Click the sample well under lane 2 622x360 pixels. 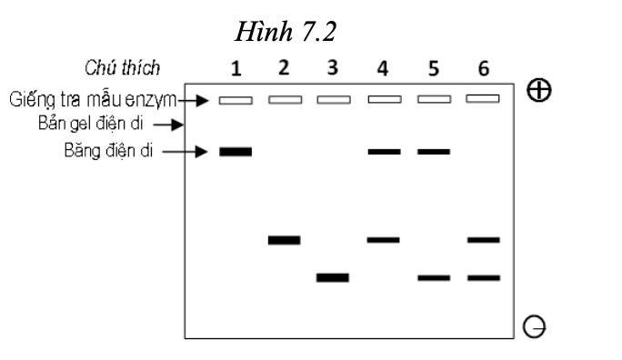click(x=285, y=99)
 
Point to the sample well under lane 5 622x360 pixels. click(x=434, y=99)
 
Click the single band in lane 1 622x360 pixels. click(x=236, y=151)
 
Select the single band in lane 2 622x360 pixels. click(x=285, y=240)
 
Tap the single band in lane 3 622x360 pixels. click(x=333, y=277)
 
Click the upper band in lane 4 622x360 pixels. click(x=384, y=151)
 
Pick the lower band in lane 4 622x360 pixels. click(x=384, y=240)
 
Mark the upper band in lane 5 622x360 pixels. click(x=434, y=151)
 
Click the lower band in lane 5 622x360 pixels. click(x=434, y=277)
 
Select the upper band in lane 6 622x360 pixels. click(x=483, y=240)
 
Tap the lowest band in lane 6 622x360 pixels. click(x=483, y=277)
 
